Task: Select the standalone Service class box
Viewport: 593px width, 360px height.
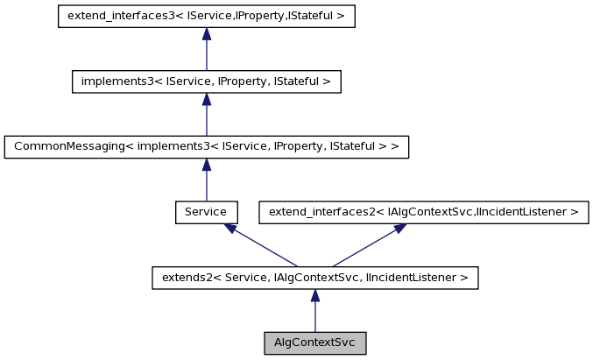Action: pyautogui.click(x=206, y=212)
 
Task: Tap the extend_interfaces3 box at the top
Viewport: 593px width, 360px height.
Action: pyautogui.click(x=206, y=17)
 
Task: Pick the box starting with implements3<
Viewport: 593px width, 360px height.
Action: pyautogui.click(x=206, y=81)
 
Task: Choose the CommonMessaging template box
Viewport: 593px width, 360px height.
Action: pyautogui.click(x=206, y=147)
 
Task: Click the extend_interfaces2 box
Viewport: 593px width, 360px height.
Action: pyautogui.click(x=423, y=212)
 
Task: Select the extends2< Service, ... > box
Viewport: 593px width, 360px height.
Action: pyautogui.click(x=314, y=278)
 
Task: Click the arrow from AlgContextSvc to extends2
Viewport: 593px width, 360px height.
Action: pyautogui.click(x=314, y=311)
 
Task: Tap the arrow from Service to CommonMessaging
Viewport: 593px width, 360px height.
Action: pyautogui.click(x=206, y=180)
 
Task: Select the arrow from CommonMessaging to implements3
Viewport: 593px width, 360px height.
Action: pyautogui.click(x=206, y=115)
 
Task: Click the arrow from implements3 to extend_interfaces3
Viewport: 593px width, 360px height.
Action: pyautogui.click(x=206, y=49)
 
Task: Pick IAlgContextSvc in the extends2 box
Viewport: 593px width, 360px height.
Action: pyautogui.click(x=313, y=279)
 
